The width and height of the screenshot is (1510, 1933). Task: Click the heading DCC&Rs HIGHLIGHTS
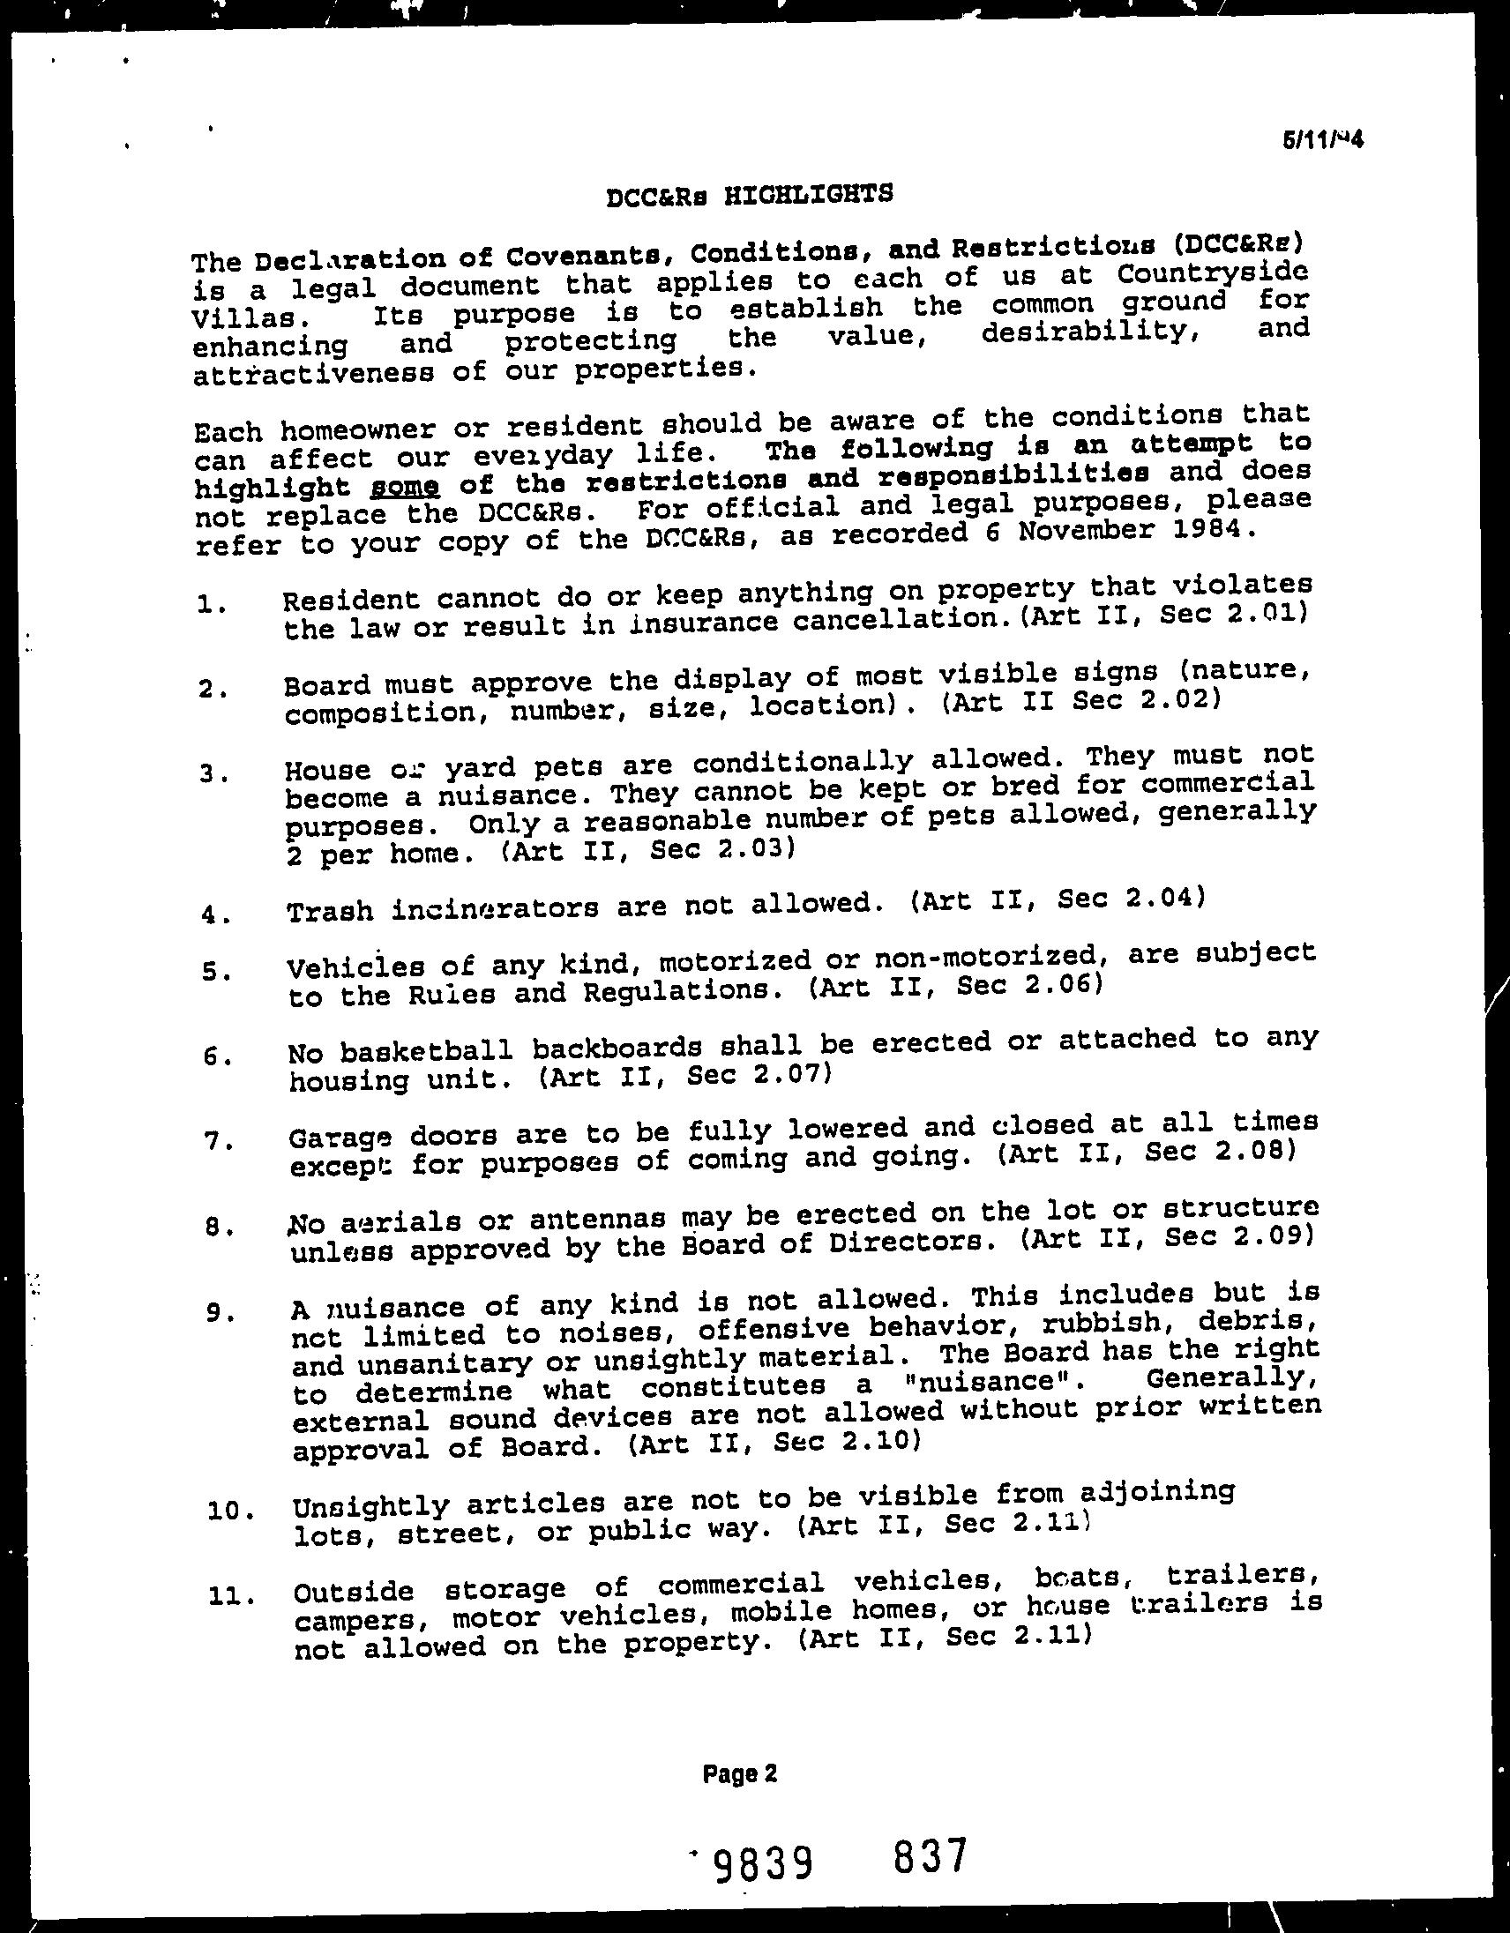(x=750, y=194)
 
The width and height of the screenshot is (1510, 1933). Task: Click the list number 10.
(x=228, y=1511)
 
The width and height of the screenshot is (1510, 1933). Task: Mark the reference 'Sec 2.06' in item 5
(x=1029, y=985)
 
